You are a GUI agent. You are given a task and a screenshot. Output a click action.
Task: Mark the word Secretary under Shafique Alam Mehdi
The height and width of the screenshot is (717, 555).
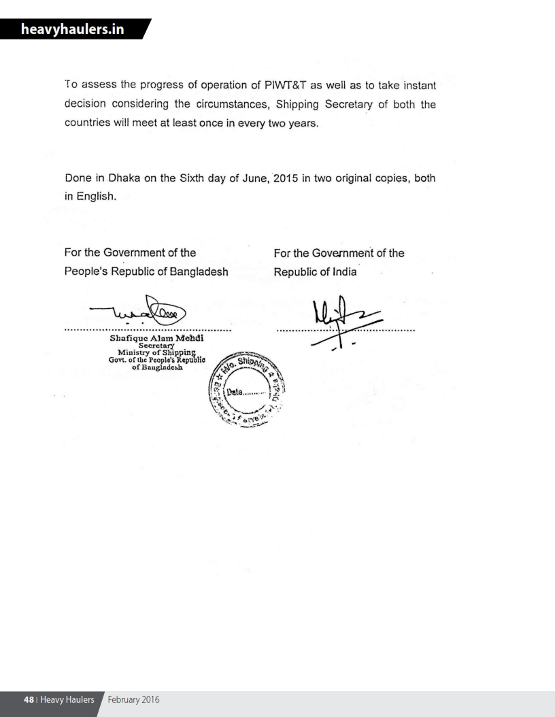157,344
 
